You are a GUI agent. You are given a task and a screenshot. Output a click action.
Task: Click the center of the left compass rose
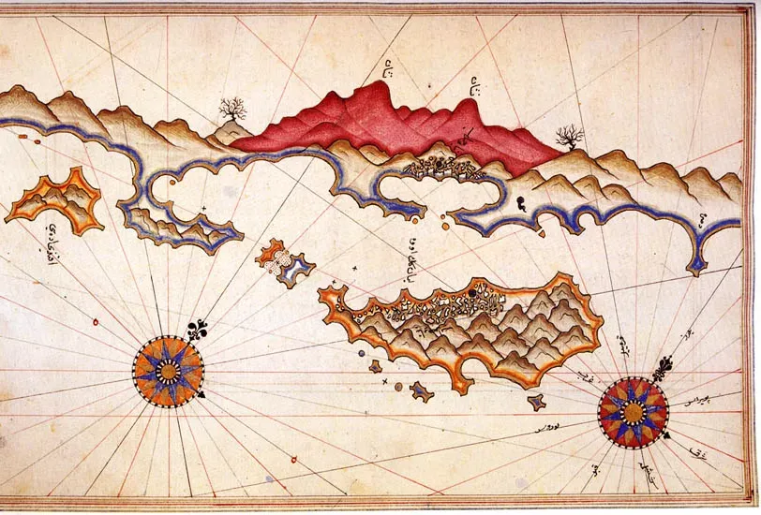pos(168,372)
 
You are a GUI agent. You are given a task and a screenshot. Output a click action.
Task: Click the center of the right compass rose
pos(633,412)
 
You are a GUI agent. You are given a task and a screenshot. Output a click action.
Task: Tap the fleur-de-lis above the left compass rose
pos(200,331)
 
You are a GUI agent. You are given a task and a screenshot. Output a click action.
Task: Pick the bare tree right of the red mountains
pos(569,139)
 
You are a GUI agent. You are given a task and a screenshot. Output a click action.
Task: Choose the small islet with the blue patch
pos(284,263)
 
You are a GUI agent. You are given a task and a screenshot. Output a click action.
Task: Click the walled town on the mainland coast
pos(440,167)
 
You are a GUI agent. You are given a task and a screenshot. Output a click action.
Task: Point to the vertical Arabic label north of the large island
pos(412,257)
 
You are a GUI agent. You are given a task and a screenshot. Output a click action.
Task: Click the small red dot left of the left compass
pos(96,322)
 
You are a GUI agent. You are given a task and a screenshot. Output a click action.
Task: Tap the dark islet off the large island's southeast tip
pos(537,403)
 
